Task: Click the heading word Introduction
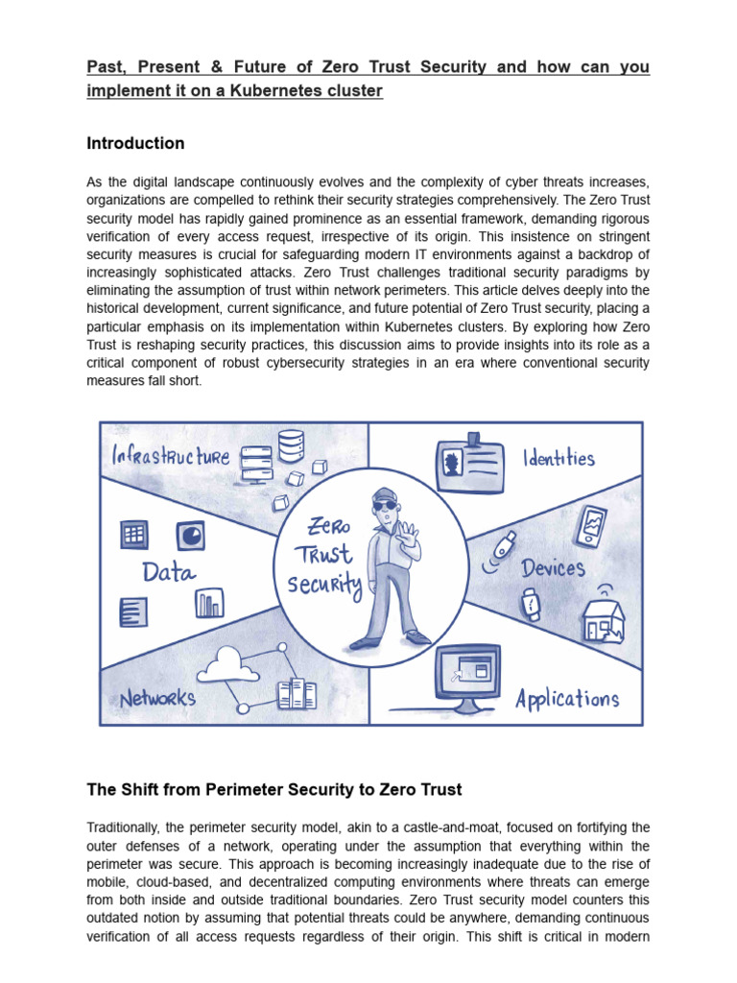pyautogui.click(x=135, y=144)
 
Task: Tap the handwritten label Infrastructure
pyautogui.click(x=171, y=455)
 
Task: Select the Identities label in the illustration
pyautogui.click(x=559, y=458)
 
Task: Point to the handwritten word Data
pyautogui.click(x=169, y=573)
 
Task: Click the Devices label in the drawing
pyautogui.click(x=553, y=567)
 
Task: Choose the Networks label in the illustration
pyautogui.click(x=157, y=698)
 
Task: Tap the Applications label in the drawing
pyautogui.click(x=567, y=698)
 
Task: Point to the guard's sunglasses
pyautogui.click(x=383, y=507)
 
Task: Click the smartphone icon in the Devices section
pyautogui.click(x=594, y=526)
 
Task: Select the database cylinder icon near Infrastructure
pyautogui.click(x=291, y=444)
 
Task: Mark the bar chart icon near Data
pyautogui.click(x=208, y=603)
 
